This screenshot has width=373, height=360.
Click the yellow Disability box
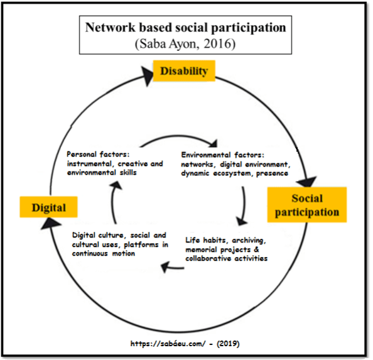click(x=183, y=71)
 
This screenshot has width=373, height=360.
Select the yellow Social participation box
click(x=306, y=205)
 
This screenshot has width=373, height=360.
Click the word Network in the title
click(x=111, y=28)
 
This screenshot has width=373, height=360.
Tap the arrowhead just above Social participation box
click(x=306, y=180)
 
